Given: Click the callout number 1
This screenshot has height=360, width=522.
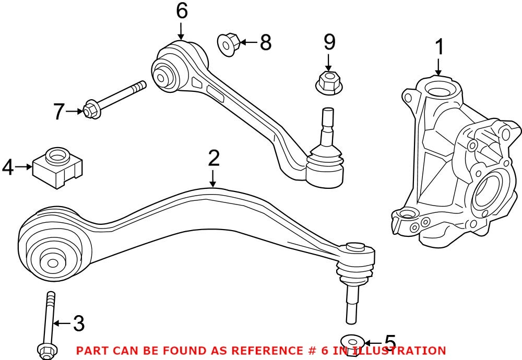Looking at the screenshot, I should click(440, 47).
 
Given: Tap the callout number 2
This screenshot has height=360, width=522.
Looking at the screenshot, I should click(213, 159).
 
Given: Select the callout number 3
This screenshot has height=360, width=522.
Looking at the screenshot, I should click(78, 323).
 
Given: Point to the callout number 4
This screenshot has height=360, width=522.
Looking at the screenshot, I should click(8, 167).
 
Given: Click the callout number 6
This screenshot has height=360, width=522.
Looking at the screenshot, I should click(181, 10).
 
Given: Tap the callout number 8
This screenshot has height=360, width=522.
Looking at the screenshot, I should click(266, 42).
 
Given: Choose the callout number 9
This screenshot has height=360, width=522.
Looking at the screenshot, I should click(329, 43).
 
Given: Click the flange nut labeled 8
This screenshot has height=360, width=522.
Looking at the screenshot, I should click(228, 43).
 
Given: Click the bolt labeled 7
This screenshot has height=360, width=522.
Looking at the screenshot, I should click(115, 99).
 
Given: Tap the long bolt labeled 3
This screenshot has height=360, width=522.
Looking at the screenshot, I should click(48, 323).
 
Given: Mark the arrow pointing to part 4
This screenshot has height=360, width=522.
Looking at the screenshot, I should click(23, 167).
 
